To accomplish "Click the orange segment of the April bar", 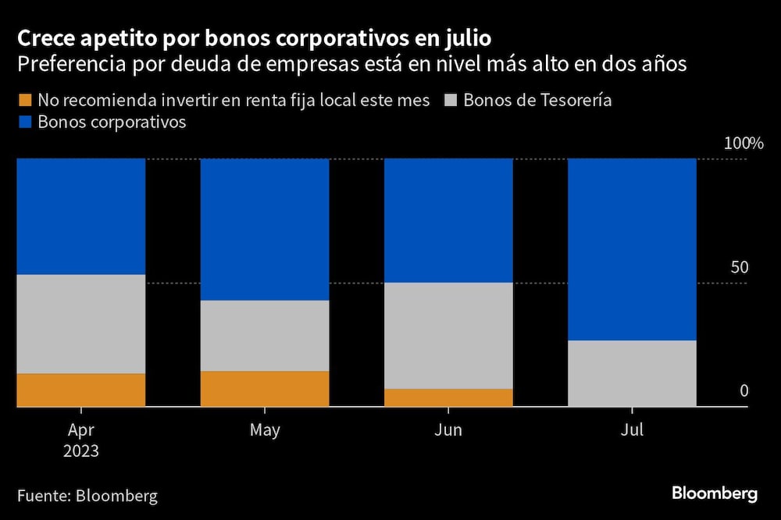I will pos(81,390).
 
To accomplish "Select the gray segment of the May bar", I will pos(265,336).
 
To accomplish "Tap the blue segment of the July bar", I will pos(632,249).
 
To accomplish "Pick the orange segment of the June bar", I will pos(448,397).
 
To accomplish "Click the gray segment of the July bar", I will pos(632,373).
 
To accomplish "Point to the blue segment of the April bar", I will pos(81,216).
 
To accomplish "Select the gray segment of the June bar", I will pos(448,335).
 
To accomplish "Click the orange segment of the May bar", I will pos(265,388).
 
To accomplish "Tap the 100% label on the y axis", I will pos(742,144).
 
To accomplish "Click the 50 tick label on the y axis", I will pos(739,267).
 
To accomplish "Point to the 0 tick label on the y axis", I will pos(744,390).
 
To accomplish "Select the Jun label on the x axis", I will pos(448,430).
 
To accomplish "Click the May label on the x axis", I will pos(265,430).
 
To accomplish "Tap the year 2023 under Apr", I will pos(81,451).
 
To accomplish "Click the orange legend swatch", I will pos(23,101).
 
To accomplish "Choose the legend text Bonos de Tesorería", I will pos(537,101).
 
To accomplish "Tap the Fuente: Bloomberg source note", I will pos(87,495).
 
